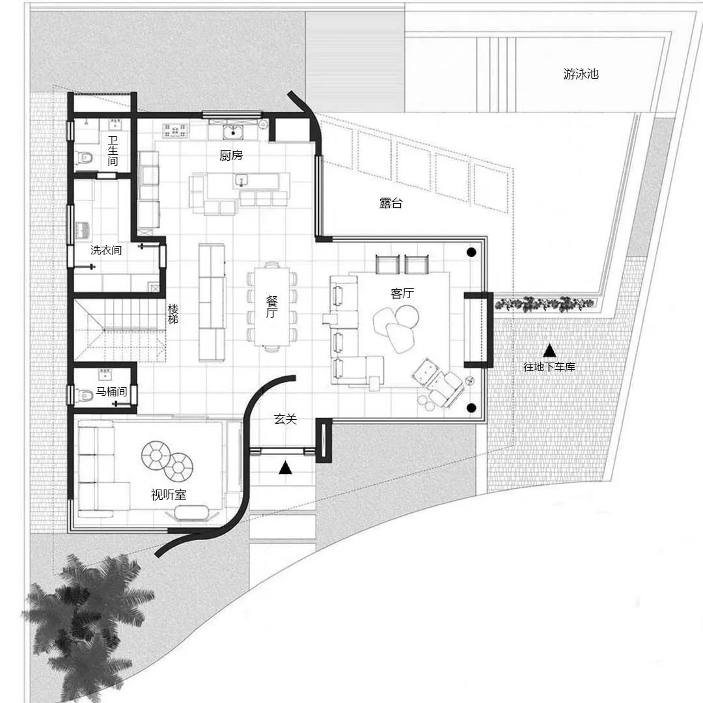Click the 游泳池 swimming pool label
[x=581, y=74]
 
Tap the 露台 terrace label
[x=391, y=203]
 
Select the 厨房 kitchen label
[x=231, y=155]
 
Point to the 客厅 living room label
[x=402, y=293]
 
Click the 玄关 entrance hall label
[x=286, y=419]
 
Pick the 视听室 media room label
[x=169, y=495]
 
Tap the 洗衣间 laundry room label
[x=106, y=250]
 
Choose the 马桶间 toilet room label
[x=111, y=391]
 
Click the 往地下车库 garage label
[x=549, y=366]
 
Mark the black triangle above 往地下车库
[x=549, y=350]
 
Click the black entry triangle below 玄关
[x=286, y=468]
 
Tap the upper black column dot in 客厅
[x=471, y=253]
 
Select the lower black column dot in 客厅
[x=471, y=407]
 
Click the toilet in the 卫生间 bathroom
[x=85, y=158]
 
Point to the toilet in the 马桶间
[x=85, y=395]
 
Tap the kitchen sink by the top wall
[x=233, y=131]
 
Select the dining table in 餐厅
[x=272, y=307]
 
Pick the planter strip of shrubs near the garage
[x=545, y=303]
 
